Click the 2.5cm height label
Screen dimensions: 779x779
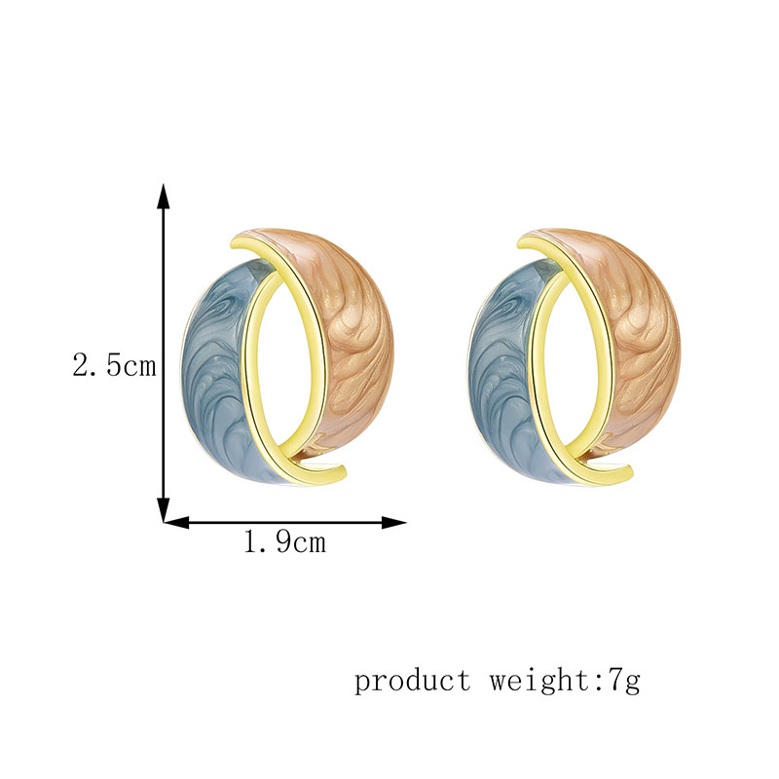coord(114,367)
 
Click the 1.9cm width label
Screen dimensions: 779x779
coord(284,542)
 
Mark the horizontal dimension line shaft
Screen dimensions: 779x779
coord(282,523)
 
